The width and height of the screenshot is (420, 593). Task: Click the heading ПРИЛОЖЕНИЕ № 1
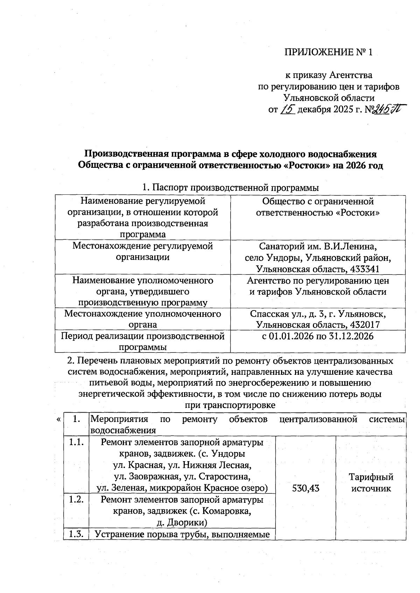(x=328, y=52)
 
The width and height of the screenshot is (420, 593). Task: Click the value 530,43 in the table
(x=306, y=488)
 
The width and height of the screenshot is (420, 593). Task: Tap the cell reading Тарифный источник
(x=371, y=483)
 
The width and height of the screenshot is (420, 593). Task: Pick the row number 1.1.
(x=76, y=442)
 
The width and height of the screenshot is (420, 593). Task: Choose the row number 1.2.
(x=76, y=499)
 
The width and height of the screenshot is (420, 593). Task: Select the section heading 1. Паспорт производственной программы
(x=231, y=188)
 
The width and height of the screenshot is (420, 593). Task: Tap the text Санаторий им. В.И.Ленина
(x=318, y=246)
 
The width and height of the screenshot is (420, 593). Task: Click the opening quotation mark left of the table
(x=58, y=419)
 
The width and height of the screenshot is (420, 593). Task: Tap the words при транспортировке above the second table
(x=230, y=405)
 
